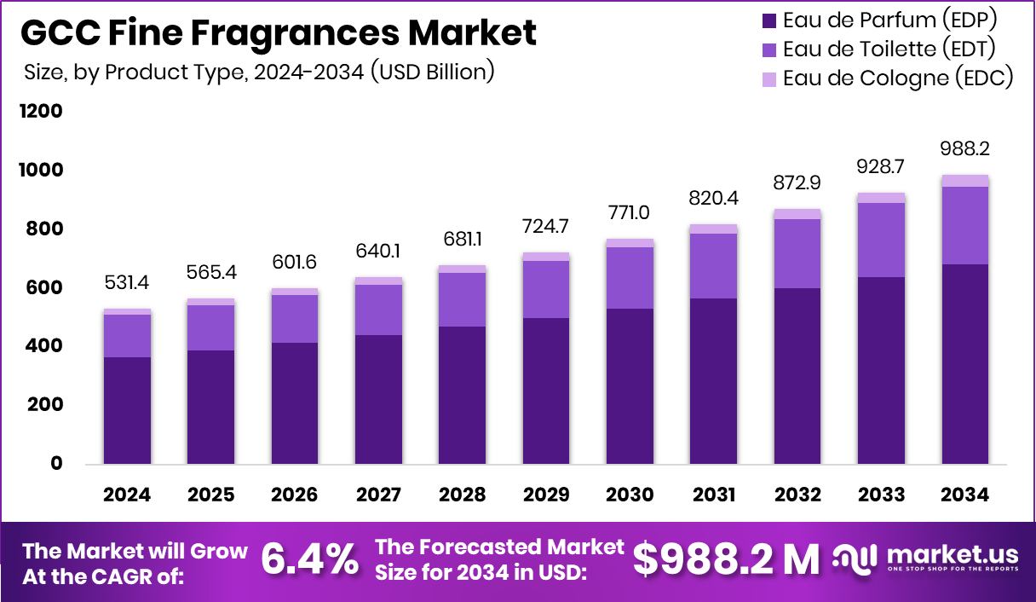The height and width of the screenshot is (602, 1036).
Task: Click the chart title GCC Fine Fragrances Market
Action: [278, 33]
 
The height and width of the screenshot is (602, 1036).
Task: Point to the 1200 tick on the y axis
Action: [40, 112]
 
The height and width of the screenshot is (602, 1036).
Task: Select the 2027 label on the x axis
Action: [378, 495]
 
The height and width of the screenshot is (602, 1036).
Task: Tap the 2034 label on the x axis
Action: [965, 495]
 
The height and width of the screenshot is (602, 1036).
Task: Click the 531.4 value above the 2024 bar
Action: [127, 282]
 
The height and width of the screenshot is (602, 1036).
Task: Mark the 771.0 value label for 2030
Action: [630, 212]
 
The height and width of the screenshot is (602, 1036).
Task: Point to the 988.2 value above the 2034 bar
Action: [965, 148]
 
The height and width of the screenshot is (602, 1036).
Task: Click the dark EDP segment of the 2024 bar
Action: [127, 409]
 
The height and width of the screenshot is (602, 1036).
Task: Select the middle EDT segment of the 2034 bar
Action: [965, 225]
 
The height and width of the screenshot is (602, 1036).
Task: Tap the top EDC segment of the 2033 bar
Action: [882, 198]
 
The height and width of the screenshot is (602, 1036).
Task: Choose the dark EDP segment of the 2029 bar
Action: [546, 391]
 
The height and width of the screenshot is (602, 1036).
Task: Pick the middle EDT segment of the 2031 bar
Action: [714, 265]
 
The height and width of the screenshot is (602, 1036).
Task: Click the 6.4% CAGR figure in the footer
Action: [309, 559]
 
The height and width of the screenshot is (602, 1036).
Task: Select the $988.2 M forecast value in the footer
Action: [726, 559]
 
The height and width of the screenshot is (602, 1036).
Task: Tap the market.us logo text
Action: [953, 554]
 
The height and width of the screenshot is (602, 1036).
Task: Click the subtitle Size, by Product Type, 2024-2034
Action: [259, 72]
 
